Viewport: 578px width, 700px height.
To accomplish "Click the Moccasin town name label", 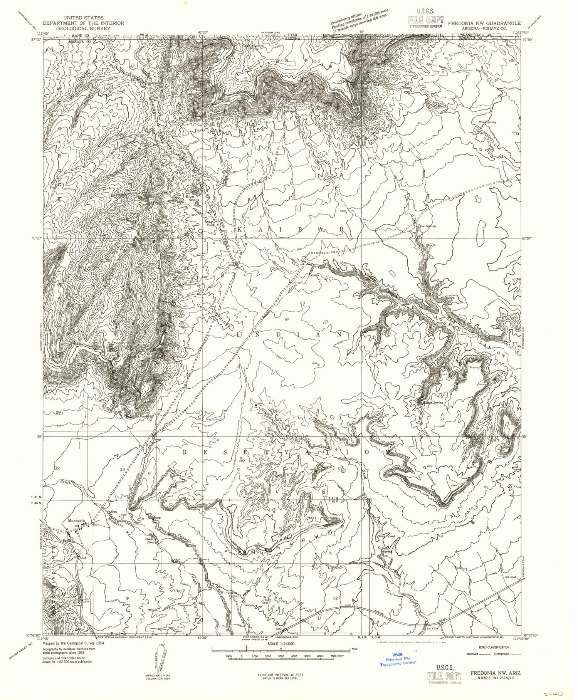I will click(x=76, y=520).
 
